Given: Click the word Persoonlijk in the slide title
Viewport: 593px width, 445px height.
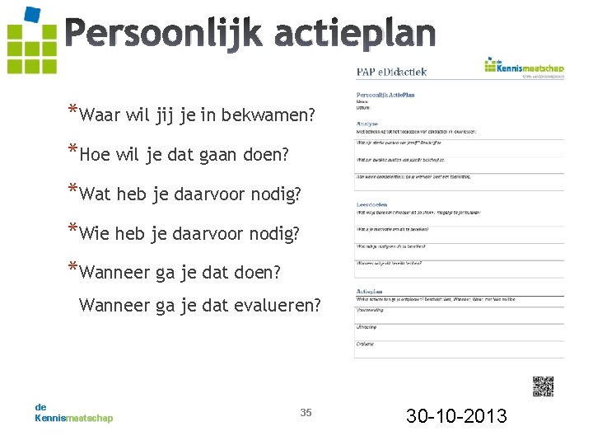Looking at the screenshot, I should (162, 33).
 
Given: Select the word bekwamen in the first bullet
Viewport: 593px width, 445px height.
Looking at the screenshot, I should (279, 113).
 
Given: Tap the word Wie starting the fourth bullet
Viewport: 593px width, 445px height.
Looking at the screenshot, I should (97, 234).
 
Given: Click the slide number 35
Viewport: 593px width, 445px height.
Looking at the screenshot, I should (306, 412).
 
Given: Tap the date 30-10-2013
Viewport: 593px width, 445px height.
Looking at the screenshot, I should (456, 415).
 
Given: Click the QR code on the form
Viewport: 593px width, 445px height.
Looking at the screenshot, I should (543, 386).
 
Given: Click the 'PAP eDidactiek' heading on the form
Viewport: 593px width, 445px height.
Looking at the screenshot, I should (391, 73).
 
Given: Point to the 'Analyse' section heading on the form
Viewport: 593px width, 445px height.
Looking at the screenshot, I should (367, 124).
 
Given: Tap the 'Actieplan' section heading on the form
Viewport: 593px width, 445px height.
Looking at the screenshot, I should (370, 291).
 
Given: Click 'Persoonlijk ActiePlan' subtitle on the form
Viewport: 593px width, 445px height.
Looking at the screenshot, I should (385, 96).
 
